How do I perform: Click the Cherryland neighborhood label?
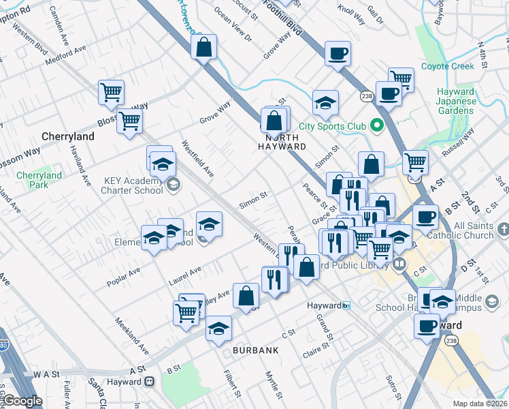[x=68, y=136]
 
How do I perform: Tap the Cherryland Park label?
[x=39, y=180]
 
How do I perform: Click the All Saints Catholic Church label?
[x=473, y=230]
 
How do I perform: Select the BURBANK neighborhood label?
[x=256, y=350]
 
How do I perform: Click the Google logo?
[x=22, y=401]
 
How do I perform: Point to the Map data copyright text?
[x=480, y=404]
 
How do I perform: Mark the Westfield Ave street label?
[x=197, y=160]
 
